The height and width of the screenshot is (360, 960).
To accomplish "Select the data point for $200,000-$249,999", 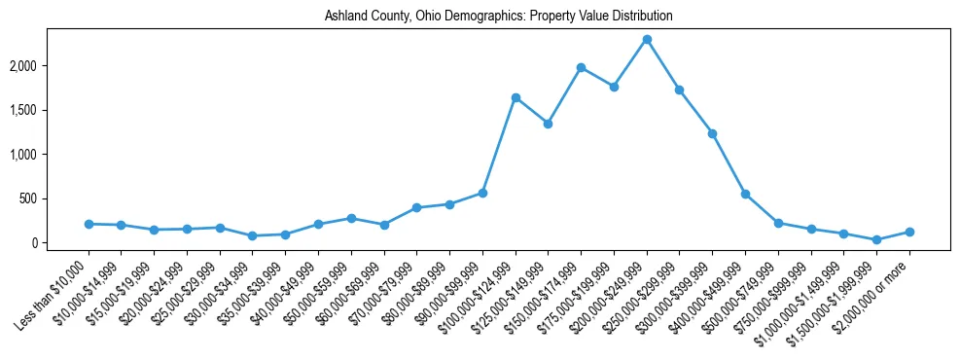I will pos(647,39).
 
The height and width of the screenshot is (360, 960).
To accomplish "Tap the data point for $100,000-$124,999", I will pos(516,97).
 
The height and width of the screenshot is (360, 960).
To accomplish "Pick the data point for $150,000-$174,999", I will pos(581,67).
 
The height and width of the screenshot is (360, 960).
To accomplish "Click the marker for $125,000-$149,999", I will pos(549,124).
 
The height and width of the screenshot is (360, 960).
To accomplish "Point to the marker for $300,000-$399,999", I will pos(712,133).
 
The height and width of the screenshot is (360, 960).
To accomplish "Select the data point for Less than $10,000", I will pos(89,224).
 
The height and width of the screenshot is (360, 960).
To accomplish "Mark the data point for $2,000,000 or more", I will pos(909,232).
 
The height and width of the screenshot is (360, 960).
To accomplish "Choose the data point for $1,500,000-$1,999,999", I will pos(876,239).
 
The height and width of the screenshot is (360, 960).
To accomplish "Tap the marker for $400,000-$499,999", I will pos(745,194).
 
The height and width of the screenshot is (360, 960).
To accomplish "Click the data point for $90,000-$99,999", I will pos(482,193).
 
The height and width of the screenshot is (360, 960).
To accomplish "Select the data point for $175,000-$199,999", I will pos(614,87).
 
